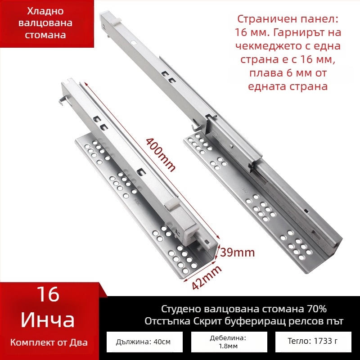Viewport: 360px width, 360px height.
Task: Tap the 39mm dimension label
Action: pyautogui.click(x=238, y=252)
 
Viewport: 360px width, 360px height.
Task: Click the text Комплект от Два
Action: pyautogui.click(x=49, y=342)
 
